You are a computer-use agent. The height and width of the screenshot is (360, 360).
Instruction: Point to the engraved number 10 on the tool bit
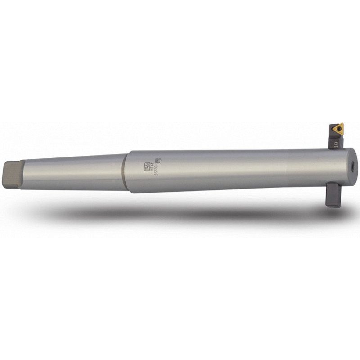tap(336, 144)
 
